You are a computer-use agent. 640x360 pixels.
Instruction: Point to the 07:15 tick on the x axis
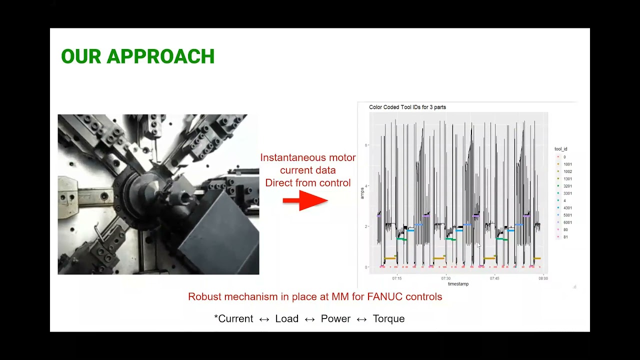[x=397, y=278]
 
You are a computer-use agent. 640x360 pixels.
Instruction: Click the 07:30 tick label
[x=445, y=278]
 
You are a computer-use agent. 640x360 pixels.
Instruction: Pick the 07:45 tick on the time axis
[x=494, y=278]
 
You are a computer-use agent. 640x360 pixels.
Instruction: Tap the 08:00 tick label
[x=543, y=278]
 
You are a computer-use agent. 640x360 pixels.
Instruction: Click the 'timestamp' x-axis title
[x=458, y=284]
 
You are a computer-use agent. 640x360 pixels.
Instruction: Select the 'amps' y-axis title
[x=362, y=193]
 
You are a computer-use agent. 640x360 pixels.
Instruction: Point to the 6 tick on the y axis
[x=366, y=145]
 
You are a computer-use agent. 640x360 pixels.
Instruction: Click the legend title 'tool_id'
[x=561, y=149]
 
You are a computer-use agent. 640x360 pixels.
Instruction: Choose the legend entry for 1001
[x=567, y=164]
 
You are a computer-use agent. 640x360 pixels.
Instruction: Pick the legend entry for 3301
[x=567, y=193]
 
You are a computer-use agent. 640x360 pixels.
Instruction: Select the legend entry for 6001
[x=567, y=222]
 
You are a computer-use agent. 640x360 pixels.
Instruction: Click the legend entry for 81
[x=565, y=237]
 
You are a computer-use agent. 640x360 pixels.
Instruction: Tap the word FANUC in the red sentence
[x=384, y=297]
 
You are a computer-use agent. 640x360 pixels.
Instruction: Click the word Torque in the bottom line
[x=388, y=319]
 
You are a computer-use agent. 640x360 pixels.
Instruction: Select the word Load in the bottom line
[x=286, y=319]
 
